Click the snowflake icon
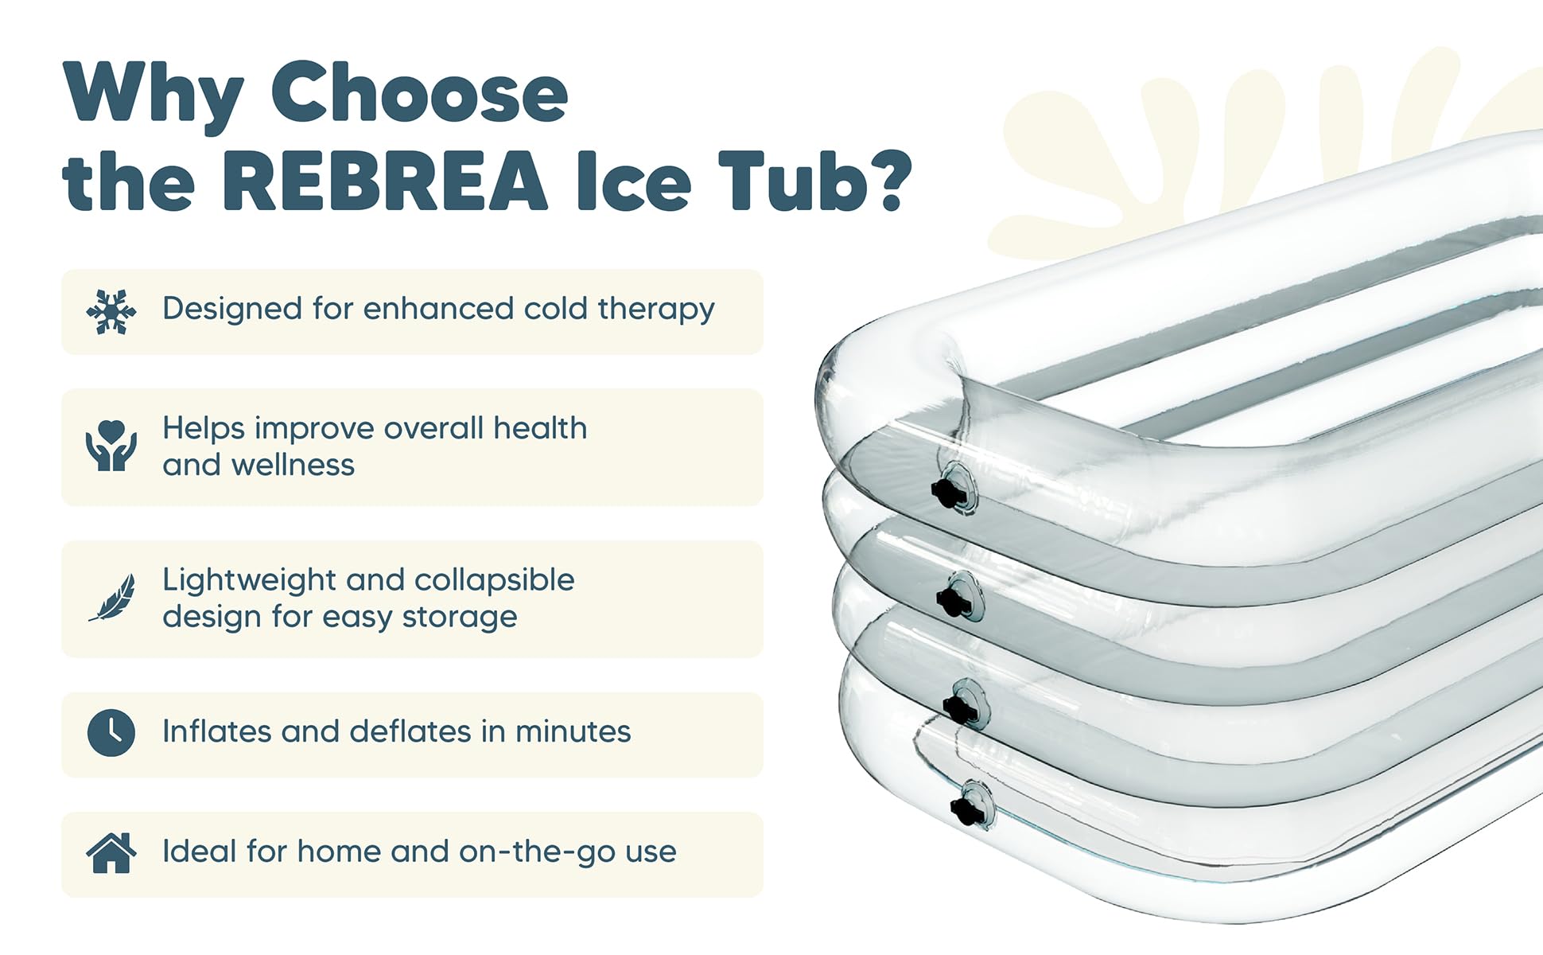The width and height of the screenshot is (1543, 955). pos(111,312)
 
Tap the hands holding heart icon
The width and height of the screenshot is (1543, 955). pos(111,446)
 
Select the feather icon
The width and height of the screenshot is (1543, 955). pos(112,598)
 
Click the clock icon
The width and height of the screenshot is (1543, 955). pos(111,732)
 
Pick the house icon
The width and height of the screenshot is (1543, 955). pos(111,853)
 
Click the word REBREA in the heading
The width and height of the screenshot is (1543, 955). pos(385,181)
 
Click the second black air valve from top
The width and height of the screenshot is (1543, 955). pos(954,601)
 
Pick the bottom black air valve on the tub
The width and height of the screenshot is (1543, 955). pos(967,810)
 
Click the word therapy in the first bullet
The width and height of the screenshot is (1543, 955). pos(656,310)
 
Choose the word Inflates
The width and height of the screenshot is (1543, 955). pos(216,731)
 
